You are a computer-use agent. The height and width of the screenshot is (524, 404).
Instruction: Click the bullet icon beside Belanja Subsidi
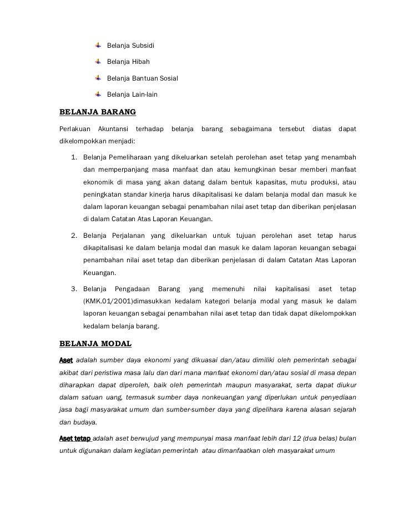99,44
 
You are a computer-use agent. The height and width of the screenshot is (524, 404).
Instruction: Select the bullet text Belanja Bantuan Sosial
143,78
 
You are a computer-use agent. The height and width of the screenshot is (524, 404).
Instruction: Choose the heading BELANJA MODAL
95,343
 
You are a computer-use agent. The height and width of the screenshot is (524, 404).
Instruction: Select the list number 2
73,236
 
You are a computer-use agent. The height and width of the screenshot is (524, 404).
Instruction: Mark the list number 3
73,289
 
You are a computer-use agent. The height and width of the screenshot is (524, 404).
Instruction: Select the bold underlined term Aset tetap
75,438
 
